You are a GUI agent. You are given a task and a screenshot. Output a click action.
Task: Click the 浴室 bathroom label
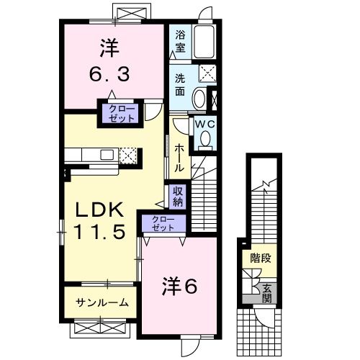click(180, 41)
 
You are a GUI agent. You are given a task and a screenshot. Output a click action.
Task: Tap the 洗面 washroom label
click(180, 85)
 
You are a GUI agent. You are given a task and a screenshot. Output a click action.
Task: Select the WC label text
click(206, 124)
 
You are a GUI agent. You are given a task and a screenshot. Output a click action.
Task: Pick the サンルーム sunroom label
click(103, 303)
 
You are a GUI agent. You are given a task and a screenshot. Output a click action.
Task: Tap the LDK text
click(102, 210)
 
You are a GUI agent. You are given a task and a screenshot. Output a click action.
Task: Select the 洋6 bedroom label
click(180, 287)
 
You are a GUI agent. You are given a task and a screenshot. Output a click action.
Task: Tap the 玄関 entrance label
click(266, 292)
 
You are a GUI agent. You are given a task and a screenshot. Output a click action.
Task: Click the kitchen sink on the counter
click(106, 155)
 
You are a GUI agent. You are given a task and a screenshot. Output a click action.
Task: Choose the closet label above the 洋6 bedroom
click(164, 223)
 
